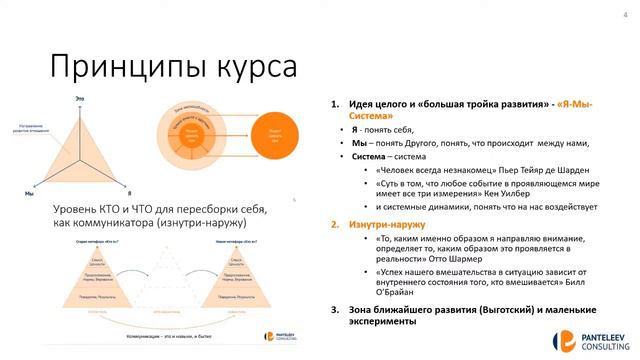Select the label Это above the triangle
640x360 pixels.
79,96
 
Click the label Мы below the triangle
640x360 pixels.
29,192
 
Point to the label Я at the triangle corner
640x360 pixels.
130,191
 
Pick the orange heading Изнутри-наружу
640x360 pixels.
386,225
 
